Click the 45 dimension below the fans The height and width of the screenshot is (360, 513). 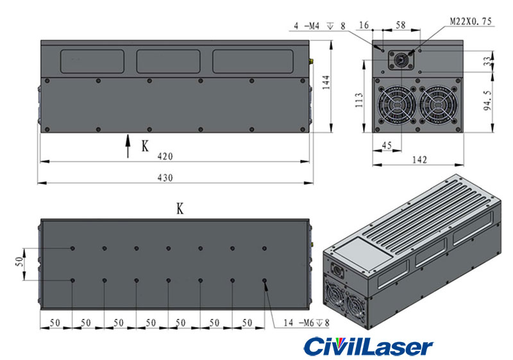click(x=387, y=146)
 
